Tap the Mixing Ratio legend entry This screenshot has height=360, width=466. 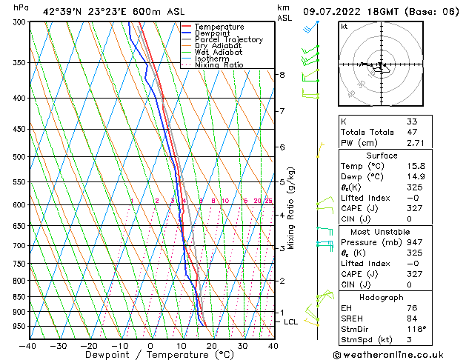(219, 65)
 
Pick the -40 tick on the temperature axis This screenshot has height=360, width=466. (28, 346)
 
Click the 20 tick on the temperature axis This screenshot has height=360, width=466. (211, 346)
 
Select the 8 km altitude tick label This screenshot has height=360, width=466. (282, 75)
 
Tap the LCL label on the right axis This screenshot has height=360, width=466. (290, 322)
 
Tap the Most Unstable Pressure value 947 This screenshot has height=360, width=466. (415, 241)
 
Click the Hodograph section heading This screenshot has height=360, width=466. (381, 297)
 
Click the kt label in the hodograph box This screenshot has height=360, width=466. (344, 27)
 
